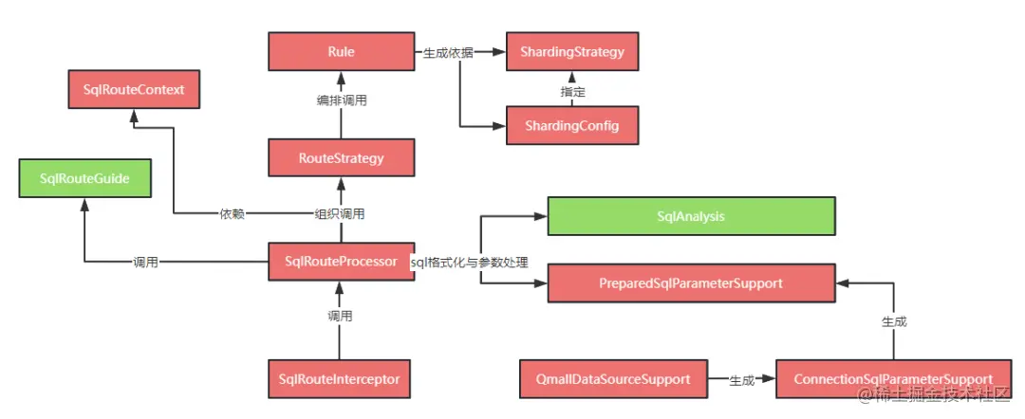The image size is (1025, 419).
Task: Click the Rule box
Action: click(x=341, y=51)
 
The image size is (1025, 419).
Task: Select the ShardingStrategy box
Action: click(x=572, y=51)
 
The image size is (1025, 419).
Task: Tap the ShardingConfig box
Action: click(x=572, y=126)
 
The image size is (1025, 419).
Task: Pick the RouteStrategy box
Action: click(x=341, y=157)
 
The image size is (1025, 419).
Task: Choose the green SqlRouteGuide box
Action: click(x=84, y=178)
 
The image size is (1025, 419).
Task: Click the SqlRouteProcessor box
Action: click(x=341, y=262)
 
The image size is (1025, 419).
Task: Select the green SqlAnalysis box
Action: click(x=691, y=216)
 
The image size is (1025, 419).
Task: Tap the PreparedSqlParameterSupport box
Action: click(x=691, y=282)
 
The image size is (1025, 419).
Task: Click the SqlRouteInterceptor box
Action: click(x=341, y=379)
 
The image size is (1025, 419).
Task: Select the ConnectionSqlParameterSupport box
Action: click(x=893, y=379)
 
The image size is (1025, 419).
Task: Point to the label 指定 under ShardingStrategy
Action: click(x=573, y=92)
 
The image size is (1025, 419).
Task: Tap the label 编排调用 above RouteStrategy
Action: click(x=341, y=100)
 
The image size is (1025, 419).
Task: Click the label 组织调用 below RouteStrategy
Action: click(x=341, y=213)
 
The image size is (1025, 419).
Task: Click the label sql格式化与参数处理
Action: click(x=469, y=263)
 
